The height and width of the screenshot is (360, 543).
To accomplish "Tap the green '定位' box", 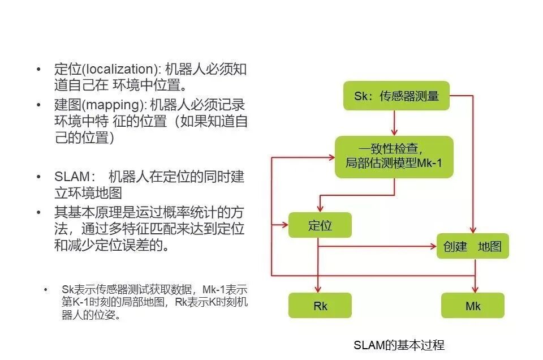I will tap(320, 225).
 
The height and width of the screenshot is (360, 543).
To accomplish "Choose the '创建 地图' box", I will tap(472, 246).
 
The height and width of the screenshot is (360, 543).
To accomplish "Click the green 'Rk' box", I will tap(320, 306).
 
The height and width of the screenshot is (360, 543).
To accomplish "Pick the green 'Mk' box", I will tap(472, 306).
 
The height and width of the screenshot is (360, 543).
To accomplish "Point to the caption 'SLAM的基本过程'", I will tap(399, 345).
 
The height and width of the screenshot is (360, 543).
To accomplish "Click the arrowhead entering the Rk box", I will tap(319, 289).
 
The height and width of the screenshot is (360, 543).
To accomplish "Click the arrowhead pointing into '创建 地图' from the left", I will tap(432, 246).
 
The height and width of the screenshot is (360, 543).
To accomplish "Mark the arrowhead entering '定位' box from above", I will tap(320, 208).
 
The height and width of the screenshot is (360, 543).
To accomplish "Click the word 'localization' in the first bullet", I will tap(118, 70).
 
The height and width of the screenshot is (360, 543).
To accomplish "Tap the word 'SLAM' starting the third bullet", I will tap(71, 177).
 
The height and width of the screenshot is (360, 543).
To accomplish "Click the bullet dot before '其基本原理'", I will tap(39, 213).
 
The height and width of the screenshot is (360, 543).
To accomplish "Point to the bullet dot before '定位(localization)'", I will tap(39, 70).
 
